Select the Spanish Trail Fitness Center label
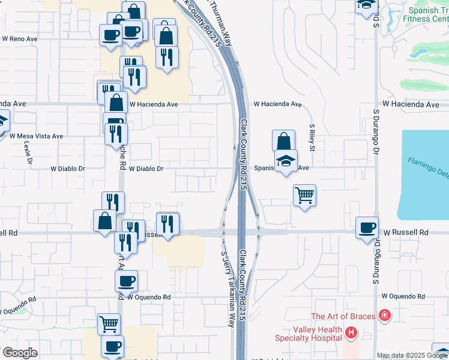coord(428,14)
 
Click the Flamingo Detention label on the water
coord(428,167)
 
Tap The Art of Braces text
coord(342,316)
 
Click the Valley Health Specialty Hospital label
coord(317,334)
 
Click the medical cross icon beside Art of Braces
coord(384,316)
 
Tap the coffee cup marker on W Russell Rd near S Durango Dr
coord(367,228)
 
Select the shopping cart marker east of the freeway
coord(305,194)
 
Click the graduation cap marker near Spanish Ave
coord(286,160)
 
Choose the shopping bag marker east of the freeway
coord(283,141)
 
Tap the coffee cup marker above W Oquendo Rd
coord(127,280)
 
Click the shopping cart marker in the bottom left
coord(109,324)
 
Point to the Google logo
coord(20,353)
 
